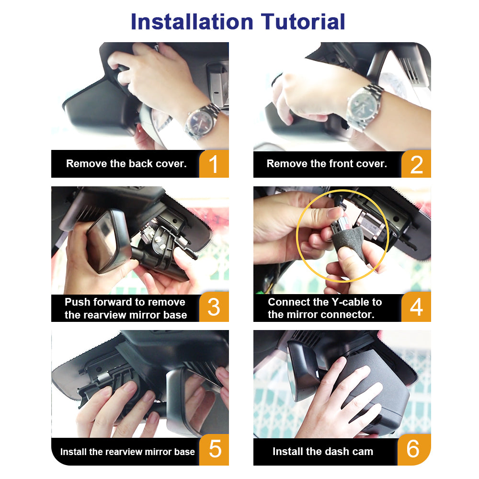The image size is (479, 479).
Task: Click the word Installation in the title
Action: click(x=192, y=22)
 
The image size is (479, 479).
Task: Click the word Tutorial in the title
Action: click(x=303, y=22)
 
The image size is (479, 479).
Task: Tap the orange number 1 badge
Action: click(x=214, y=164)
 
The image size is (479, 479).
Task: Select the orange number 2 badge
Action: click(x=416, y=164)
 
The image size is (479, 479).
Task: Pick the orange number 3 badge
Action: click(x=214, y=307)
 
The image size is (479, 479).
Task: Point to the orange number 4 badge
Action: click(x=416, y=307)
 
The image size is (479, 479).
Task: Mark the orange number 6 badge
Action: click(x=414, y=450)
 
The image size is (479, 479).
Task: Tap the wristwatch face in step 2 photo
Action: click(x=363, y=106)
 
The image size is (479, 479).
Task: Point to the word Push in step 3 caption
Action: click(x=78, y=302)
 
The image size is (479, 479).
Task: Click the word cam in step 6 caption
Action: click(x=363, y=452)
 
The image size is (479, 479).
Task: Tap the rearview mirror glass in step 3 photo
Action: click(x=103, y=242)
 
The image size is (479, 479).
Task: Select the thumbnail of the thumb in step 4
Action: click(x=335, y=213)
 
